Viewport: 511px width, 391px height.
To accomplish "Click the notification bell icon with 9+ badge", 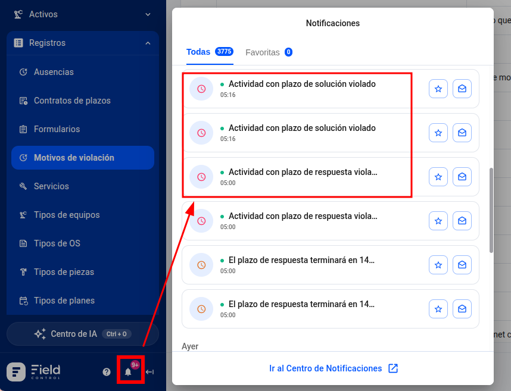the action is (129, 371).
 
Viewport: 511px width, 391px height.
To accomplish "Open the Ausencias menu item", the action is (54, 72).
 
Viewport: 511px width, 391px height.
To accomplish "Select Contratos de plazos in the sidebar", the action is (72, 101).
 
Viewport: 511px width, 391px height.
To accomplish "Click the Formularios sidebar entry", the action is (57, 129).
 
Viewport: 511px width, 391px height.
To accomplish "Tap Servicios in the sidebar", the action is (51, 186).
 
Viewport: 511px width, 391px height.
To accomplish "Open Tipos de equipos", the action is (67, 215).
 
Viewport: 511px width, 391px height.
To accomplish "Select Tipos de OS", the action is (57, 243).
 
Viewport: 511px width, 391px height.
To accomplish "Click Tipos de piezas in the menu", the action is (64, 272).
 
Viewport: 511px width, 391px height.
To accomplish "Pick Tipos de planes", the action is (64, 301).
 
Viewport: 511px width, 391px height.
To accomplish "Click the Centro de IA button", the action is (83, 334).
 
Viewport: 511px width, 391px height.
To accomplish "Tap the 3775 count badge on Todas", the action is (224, 51).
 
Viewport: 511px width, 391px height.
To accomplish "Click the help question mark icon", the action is (107, 372).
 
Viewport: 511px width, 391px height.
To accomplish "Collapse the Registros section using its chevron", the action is (148, 43).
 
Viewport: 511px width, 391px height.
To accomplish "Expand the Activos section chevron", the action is (148, 14).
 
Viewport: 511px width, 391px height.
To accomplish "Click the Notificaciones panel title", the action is (333, 23).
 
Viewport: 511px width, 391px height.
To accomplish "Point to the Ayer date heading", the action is (190, 346).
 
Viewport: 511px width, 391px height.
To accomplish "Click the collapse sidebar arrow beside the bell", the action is (149, 372).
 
